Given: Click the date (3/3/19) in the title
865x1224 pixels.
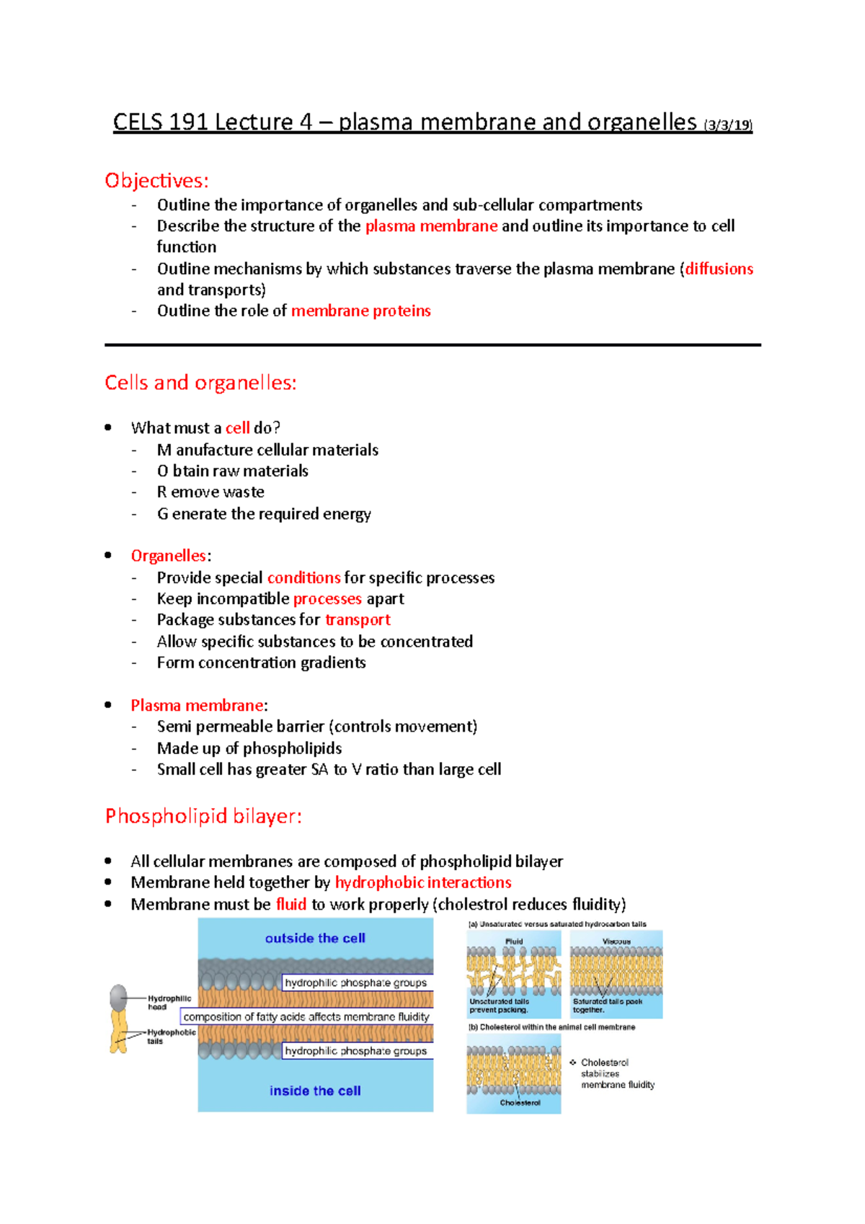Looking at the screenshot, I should [x=728, y=125].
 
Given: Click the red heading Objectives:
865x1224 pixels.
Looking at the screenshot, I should [x=156, y=180].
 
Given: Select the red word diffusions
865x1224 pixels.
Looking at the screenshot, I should [x=719, y=269].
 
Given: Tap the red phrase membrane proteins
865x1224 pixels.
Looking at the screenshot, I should [x=360, y=311].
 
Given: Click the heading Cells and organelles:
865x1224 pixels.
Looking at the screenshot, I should [x=200, y=383].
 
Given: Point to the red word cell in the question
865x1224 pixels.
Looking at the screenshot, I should [x=237, y=427].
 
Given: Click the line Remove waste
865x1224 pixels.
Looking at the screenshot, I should [x=210, y=492].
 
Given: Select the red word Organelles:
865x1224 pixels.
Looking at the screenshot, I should [x=170, y=556].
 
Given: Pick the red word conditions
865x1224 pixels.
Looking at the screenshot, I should [x=303, y=577].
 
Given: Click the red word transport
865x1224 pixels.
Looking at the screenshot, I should [x=358, y=620].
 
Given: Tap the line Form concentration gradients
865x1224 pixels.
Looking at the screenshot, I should [x=261, y=662].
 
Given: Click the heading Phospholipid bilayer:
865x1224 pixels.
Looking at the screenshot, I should [x=203, y=816].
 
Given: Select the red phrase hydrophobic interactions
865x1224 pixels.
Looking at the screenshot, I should [x=423, y=882].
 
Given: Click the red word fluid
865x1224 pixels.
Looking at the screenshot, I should [x=291, y=904].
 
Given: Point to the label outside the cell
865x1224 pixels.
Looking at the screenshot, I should [x=315, y=938].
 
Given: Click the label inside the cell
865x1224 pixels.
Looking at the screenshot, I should [x=315, y=1091].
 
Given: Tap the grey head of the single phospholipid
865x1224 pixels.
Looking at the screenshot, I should [x=118, y=998].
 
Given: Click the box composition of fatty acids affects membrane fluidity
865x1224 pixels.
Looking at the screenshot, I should [x=306, y=1016].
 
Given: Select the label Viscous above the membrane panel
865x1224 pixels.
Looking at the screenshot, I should [x=616, y=941].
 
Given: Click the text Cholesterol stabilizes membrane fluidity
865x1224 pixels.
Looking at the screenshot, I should [x=617, y=1073].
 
